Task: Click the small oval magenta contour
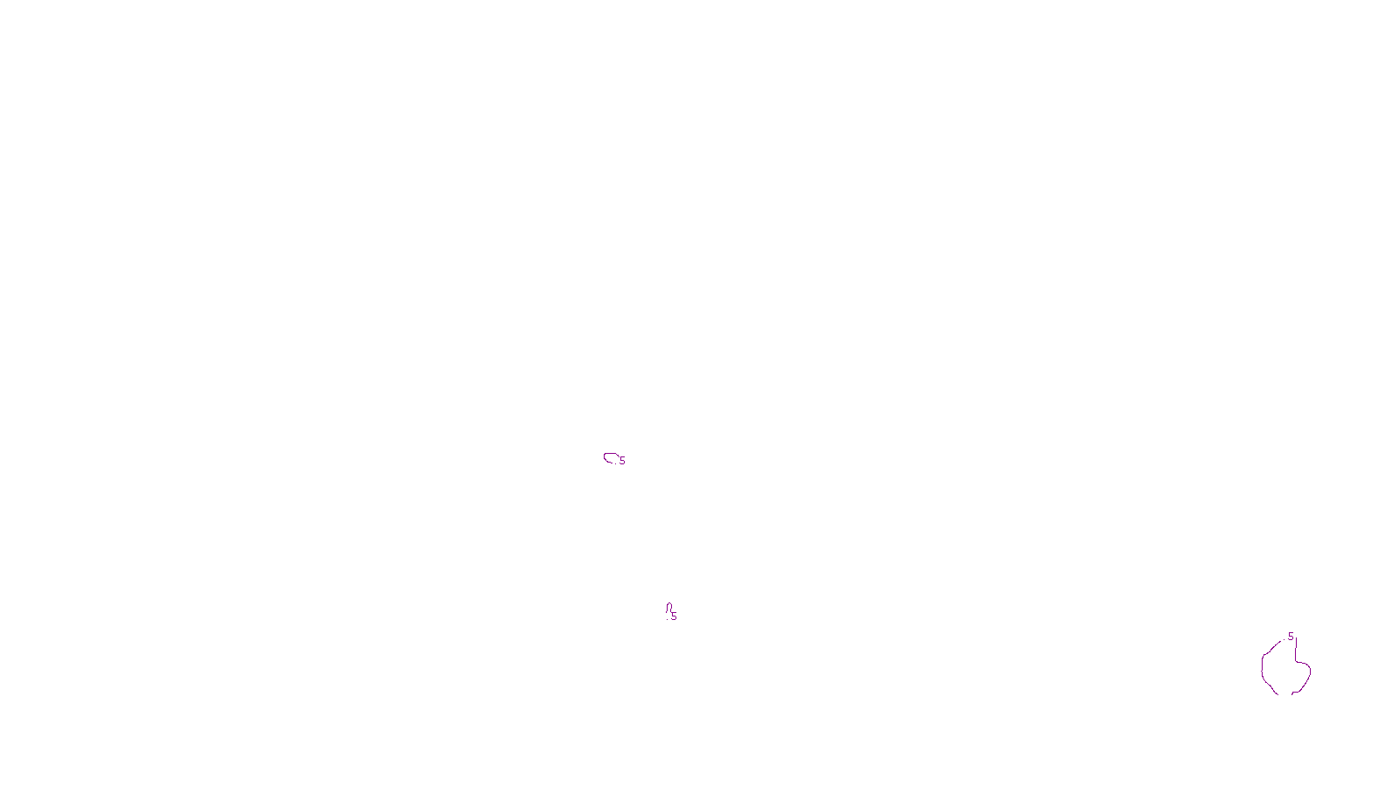tap(611, 457)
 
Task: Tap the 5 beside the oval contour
tap(622, 461)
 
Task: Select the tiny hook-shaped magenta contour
tap(668, 608)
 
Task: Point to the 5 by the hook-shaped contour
tap(674, 616)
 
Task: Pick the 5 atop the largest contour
tap(1291, 637)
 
